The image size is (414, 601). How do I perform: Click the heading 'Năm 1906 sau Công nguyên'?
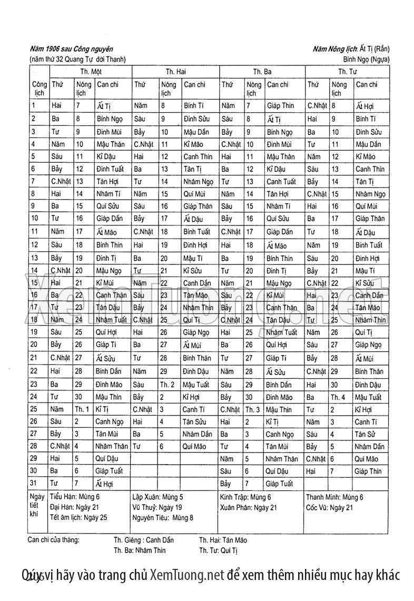click(x=71, y=49)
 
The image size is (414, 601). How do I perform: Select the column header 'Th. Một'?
click(x=91, y=71)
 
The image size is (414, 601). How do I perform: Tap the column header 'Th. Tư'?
click(x=347, y=71)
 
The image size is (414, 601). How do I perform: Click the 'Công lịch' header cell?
click(x=38, y=88)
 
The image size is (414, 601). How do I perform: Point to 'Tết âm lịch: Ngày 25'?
click(x=78, y=518)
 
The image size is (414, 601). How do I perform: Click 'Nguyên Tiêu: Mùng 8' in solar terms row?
click(x=163, y=518)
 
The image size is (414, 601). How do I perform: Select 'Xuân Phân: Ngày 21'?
click(x=248, y=508)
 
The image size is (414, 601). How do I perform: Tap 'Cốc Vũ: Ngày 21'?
click(x=329, y=508)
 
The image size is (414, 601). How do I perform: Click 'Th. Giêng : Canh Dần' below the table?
click(x=143, y=540)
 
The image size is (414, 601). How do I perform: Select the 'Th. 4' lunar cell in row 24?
click(x=338, y=397)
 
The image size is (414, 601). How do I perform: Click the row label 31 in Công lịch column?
click(x=34, y=482)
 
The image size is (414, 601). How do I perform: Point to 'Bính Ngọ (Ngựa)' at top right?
click(x=366, y=59)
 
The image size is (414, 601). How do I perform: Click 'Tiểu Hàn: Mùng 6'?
click(x=74, y=497)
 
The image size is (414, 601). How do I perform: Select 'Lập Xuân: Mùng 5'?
click(x=157, y=497)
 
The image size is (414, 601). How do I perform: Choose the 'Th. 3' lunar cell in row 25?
click(x=252, y=409)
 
